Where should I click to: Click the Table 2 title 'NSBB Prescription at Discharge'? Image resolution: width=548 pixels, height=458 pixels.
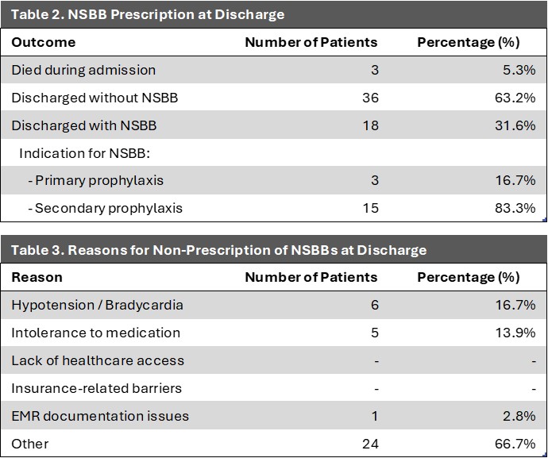click(148, 14)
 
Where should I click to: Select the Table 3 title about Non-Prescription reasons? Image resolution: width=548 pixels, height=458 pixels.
click(218, 250)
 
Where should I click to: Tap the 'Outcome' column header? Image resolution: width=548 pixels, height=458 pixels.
click(44, 42)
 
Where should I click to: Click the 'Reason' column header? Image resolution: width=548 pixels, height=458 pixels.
click(37, 277)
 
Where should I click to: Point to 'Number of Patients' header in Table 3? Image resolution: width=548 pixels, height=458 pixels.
click(311, 277)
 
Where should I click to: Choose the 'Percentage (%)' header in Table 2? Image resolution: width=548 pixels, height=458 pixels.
click(469, 42)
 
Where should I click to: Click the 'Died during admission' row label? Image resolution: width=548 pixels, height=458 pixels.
click(83, 70)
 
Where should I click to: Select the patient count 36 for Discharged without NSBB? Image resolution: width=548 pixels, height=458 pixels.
click(370, 98)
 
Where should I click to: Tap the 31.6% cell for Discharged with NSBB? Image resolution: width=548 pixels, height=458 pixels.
click(515, 125)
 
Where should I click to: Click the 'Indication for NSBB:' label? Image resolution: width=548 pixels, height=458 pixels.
click(84, 153)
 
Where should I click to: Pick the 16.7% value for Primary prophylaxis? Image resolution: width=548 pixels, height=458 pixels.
click(515, 181)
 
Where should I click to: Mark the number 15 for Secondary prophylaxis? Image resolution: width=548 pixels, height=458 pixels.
click(370, 208)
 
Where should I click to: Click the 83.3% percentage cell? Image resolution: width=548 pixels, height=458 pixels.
click(515, 208)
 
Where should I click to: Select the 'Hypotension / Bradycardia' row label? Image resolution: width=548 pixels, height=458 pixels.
click(97, 306)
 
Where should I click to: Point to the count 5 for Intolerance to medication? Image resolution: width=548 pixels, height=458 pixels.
click(375, 333)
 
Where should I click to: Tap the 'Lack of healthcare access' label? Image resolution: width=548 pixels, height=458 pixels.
click(98, 360)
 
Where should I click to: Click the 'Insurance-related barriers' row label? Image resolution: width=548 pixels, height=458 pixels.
click(96, 388)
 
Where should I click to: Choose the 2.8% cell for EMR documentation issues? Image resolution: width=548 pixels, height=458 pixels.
click(519, 416)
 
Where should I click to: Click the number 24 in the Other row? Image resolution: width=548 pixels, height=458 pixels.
click(370, 444)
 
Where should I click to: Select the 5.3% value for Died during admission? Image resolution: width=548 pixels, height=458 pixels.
click(519, 70)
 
